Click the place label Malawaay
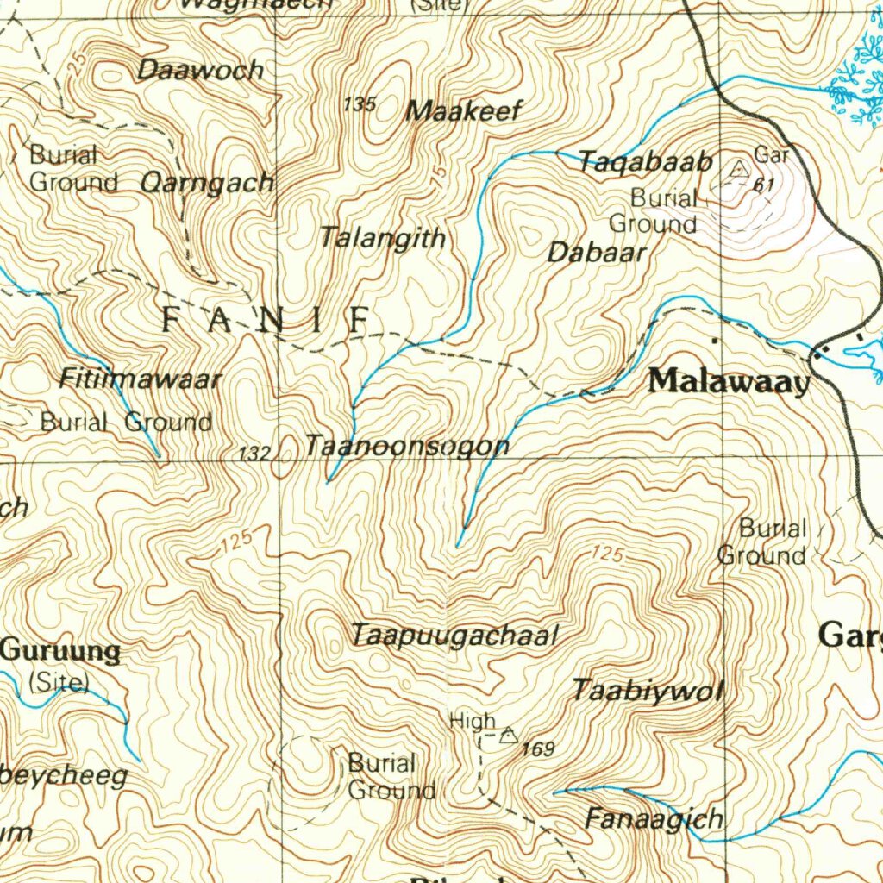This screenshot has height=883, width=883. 730,380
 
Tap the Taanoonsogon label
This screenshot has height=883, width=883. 407,446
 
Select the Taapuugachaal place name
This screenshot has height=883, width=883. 455,636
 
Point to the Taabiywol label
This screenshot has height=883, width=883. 648,690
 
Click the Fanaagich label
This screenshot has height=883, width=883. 654,817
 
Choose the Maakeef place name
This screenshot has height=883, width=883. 464,110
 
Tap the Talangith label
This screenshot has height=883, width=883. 383,237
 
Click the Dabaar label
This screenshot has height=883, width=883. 597,253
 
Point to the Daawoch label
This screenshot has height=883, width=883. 200,71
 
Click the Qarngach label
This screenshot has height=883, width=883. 207,182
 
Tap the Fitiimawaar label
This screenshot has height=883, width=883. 141,379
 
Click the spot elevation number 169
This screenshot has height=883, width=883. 538,749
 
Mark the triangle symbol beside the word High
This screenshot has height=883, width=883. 509,736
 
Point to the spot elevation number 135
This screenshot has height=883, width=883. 360,104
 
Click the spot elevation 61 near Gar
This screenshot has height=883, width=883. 762,185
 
